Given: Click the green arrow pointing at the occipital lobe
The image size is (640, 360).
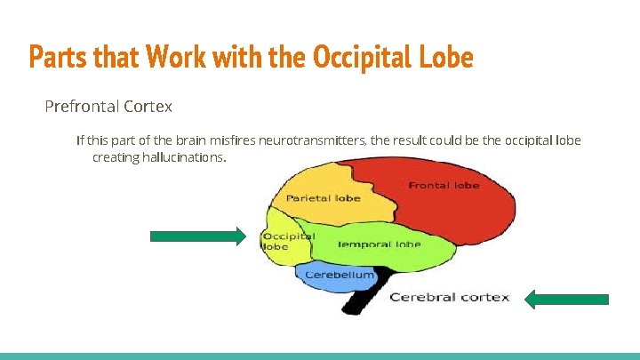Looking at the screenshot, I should point(196,236).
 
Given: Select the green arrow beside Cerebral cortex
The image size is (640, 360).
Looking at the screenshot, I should point(566,300).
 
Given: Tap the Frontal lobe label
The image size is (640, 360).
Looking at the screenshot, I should point(444,185).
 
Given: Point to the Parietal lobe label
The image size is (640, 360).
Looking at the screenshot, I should point(323,197).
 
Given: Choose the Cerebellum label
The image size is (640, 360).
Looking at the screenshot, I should point(340,275).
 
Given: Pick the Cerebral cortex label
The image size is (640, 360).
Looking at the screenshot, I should point(449,297).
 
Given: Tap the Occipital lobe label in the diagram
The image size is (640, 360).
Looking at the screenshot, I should point(287,241).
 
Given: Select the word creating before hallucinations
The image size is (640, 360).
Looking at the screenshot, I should point(115,157).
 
